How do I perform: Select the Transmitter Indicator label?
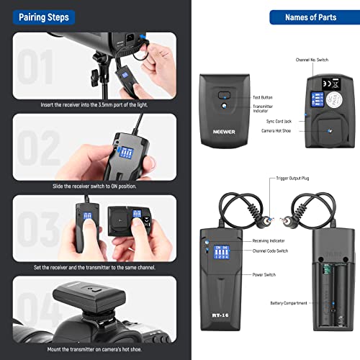click(x=264, y=109)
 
